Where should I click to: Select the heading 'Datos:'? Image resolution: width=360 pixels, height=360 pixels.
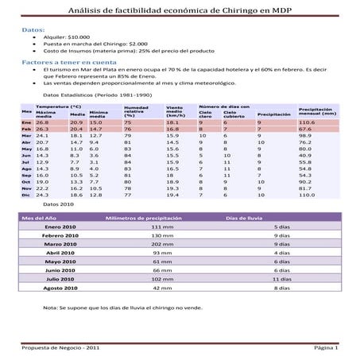pos(33,29)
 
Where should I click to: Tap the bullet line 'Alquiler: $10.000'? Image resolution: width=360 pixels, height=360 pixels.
pos(68,37)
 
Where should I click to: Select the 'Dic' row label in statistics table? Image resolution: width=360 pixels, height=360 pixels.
pos(26,194)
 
